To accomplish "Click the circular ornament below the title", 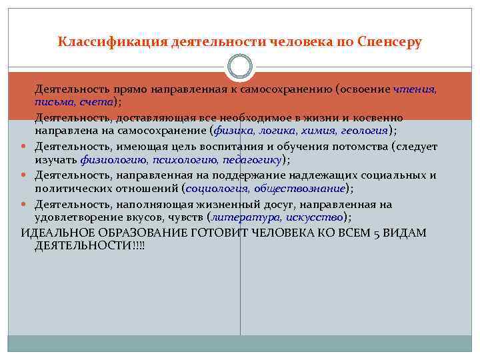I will (x=240, y=67).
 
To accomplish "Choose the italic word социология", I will (x=217, y=189).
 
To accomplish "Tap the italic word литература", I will (x=245, y=217).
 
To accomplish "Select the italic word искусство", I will (x=313, y=217).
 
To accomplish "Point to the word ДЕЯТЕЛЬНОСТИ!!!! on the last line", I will (x=89, y=246).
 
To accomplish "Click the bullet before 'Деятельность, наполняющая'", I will (x=25, y=204).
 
